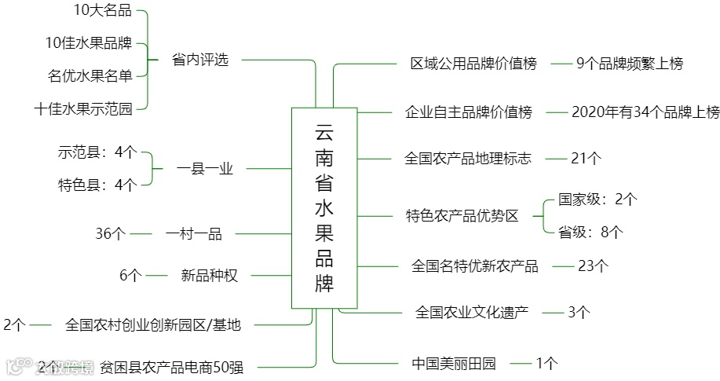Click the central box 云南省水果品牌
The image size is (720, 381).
click(324, 207)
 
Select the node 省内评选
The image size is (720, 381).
click(199, 59)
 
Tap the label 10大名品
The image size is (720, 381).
click(102, 10)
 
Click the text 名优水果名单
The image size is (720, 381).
click(90, 75)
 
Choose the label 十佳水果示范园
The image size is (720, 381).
click(83, 108)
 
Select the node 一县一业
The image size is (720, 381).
click(204, 168)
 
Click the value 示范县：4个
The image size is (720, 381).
click(97, 152)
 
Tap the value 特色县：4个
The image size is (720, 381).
click(97, 185)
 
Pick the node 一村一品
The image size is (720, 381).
click(194, 233)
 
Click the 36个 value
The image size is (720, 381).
click(111, 233)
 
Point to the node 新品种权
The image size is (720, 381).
click(209, 275)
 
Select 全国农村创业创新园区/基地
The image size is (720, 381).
click(153, 324)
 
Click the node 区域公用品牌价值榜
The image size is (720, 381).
click(473, 64)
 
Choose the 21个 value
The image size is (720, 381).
click(586, 159)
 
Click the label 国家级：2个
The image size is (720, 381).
click(598, 199)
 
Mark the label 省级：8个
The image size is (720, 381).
click(590, 231)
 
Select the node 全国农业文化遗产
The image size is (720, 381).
click(471, 312)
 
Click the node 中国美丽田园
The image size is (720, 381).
click(454, 363)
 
